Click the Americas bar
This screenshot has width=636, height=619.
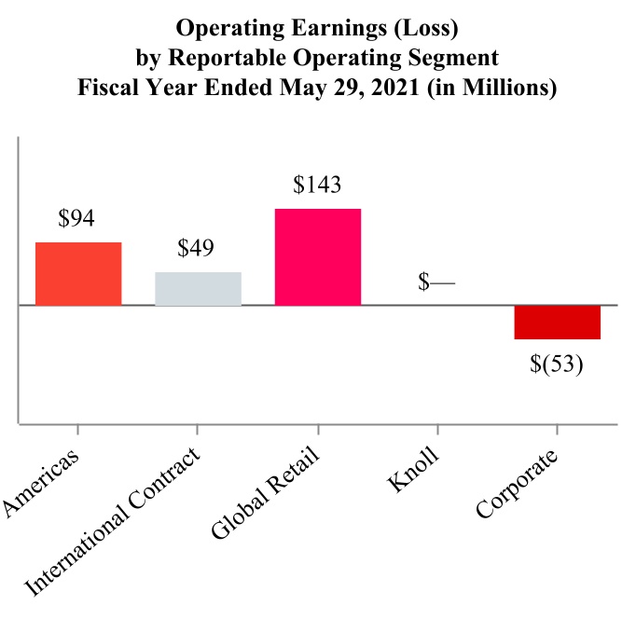coord(78,273)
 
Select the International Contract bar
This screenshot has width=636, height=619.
coord(198,288)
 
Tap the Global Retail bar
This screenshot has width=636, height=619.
coord(318,256)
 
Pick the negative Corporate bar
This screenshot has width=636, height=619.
coord(557,323)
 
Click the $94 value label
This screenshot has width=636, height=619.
coord(76,219)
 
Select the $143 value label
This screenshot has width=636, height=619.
coord(317,186)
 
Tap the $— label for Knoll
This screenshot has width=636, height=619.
coord(436,282)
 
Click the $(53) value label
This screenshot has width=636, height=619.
coord(557,363)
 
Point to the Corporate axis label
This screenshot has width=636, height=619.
coord(517,486)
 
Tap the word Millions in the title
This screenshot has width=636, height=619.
coord(504,89)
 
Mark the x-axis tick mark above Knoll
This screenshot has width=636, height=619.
coord(437,431)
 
